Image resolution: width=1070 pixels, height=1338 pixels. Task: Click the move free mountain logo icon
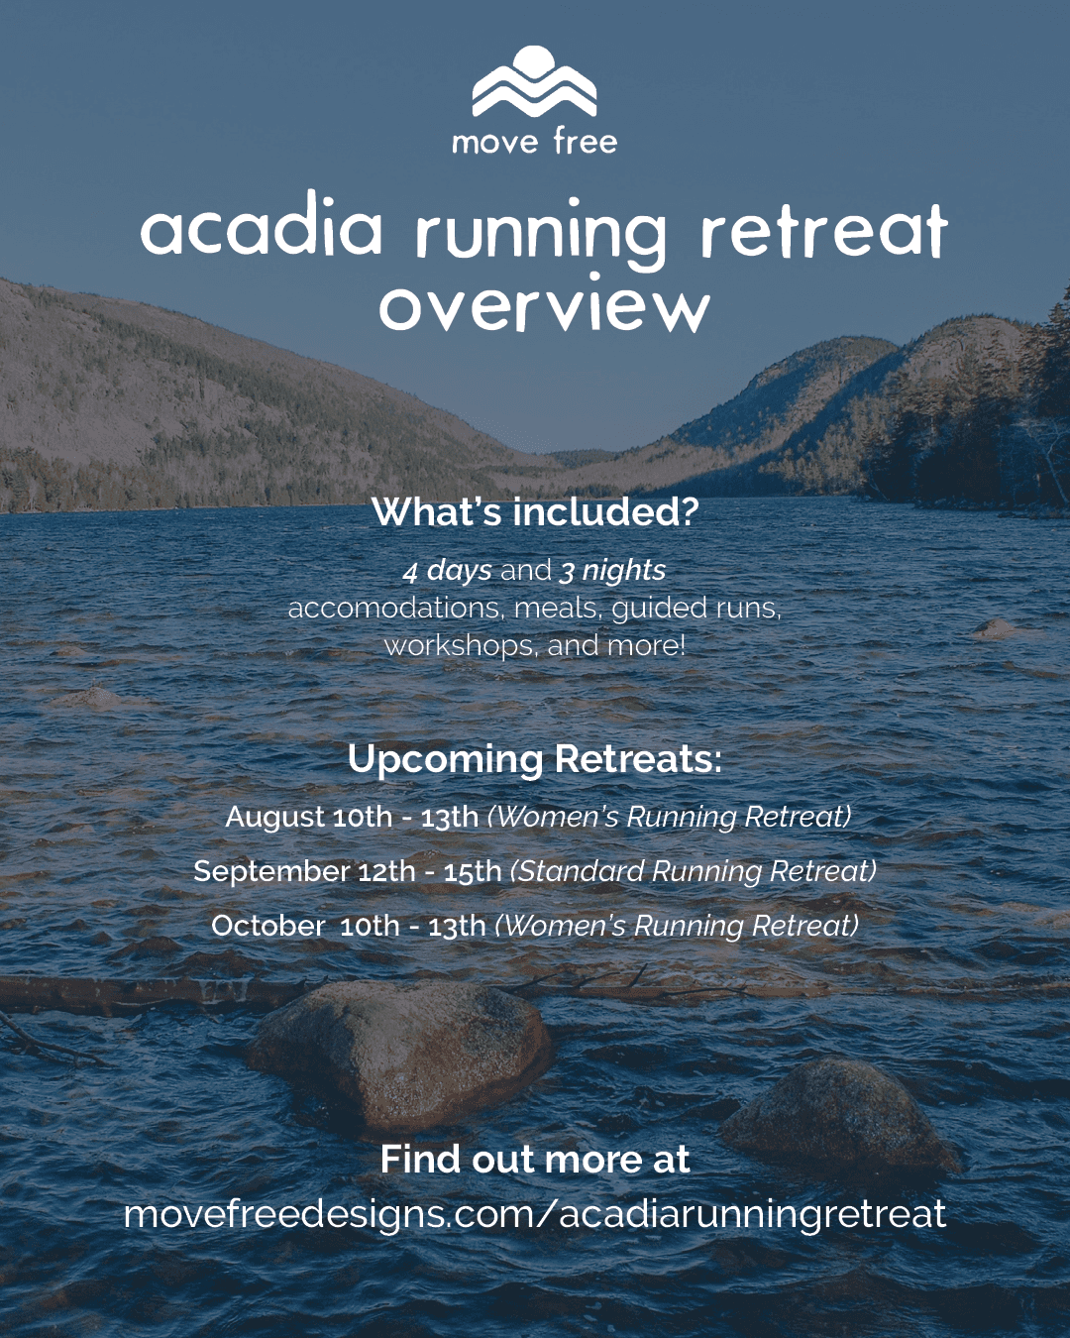click(x=534, y=81)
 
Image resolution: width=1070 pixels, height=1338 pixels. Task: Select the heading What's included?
click(x=535, y=512)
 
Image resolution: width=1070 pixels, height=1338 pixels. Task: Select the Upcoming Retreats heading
click(x=535, y=760)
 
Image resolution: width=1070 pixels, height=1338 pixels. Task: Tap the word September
click(x=271, y=872)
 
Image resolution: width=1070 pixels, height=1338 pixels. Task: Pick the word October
click(x=267, y=926)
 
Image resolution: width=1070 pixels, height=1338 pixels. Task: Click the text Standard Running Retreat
click(x=694, y=871)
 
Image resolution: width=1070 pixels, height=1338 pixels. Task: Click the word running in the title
click(x=541, y=235)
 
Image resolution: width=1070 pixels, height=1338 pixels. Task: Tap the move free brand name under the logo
click(x=535, y=143)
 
